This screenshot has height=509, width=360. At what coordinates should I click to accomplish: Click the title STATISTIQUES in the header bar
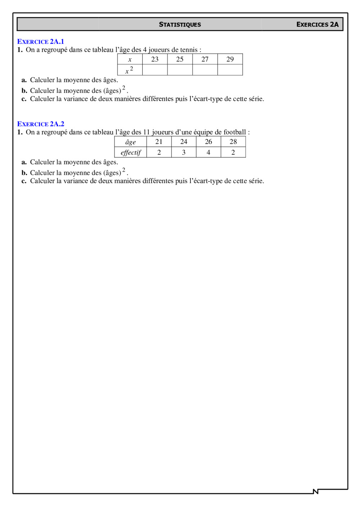point(180,24)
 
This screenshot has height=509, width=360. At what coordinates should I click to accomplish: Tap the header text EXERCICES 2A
point(317,24)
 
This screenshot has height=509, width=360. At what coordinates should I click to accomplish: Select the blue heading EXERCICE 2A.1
point(41,42)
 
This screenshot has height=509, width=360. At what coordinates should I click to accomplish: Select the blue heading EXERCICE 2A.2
point(41,124)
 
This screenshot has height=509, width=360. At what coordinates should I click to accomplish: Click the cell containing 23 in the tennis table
point(155,59)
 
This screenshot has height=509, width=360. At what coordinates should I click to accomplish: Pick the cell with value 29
point(230,59)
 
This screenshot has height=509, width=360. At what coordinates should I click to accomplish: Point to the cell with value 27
point(205,59)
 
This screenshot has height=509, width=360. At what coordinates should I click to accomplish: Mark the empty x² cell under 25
point(180,70)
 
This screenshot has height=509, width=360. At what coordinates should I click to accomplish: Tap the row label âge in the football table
point(130,142)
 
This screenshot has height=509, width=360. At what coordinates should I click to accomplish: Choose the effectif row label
point(131,153)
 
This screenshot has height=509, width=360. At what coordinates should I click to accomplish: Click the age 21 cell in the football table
point(159,142)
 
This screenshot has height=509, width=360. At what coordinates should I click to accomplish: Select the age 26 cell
point(208,142)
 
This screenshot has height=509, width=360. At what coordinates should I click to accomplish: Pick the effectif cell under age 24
point(184,153)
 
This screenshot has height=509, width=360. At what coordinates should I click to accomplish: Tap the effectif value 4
point(208,153)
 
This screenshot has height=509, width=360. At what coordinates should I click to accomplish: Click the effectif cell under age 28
point(233,153)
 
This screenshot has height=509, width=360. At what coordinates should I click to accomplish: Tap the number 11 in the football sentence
point(147,132)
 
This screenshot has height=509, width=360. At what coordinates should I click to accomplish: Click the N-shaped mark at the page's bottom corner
point(316,491)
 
